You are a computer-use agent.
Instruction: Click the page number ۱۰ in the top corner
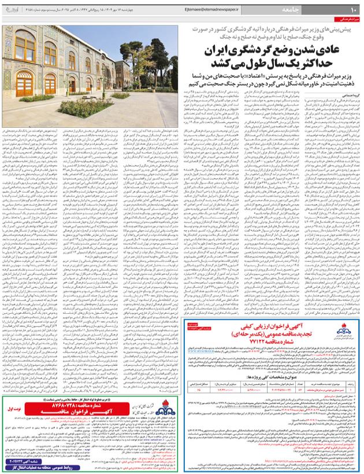(354, 9)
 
